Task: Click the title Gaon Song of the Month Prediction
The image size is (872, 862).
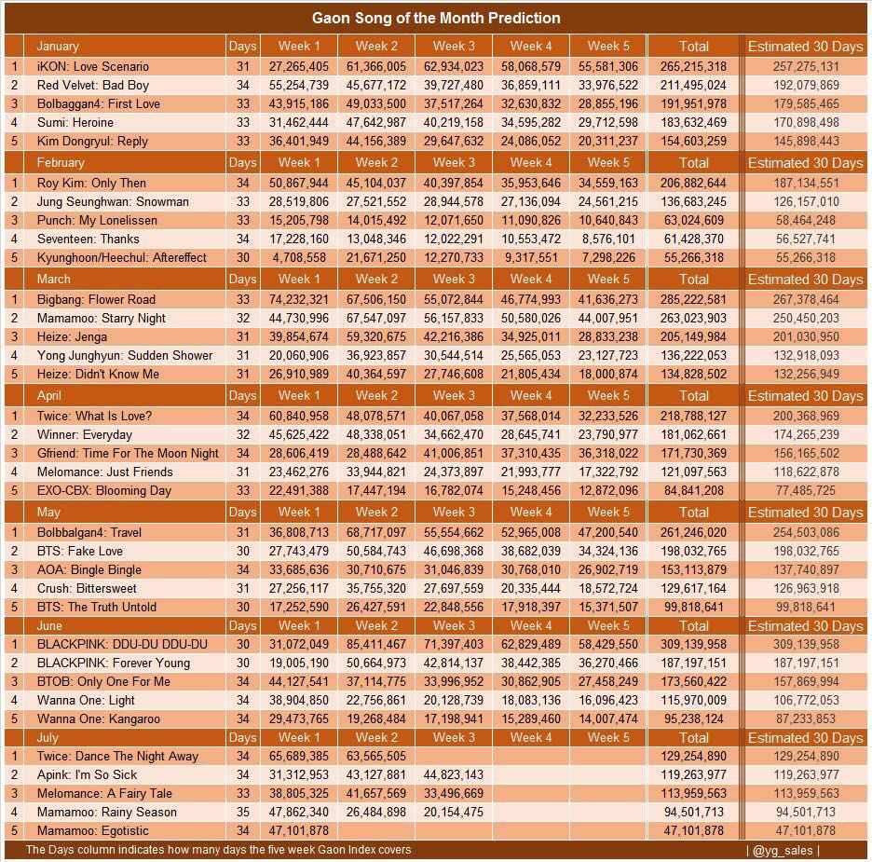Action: [436, 18]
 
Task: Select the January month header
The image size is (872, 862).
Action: [58, 46]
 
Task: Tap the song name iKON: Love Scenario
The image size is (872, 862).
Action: [92, 66]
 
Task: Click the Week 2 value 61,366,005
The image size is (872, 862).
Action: [375, 66]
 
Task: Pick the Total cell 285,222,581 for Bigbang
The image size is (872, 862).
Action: [693, 299]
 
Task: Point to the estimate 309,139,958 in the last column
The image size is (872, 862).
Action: [806, 644]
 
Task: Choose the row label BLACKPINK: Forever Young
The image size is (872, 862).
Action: [113, 663]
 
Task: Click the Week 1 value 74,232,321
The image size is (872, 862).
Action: [298, 299]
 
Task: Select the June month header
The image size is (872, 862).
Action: [49, 625]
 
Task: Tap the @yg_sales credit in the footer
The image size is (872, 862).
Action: [783, 850]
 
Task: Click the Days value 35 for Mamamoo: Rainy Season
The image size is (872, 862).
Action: [242, 812]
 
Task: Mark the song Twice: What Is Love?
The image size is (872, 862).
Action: [94, 416]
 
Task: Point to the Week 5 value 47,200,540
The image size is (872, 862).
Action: [607, 532]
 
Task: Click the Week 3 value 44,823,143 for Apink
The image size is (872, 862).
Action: [453, 774]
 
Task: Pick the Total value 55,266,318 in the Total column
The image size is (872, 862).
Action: [693, 257]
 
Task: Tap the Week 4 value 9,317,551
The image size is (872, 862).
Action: [531, 257]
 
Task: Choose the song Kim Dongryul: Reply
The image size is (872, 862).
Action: [92, 141]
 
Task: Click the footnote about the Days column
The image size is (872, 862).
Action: [218, 850]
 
